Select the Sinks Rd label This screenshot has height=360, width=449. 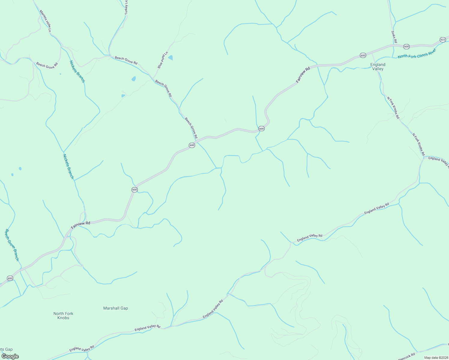[394, 37]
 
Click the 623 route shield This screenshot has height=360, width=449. [443, 40]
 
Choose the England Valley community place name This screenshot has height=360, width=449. [378, 67]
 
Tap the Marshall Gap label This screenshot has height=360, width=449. [116, 308]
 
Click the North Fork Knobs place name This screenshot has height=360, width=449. [63, 316]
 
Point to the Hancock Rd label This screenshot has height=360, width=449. [406, 357]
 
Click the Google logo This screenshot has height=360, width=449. [10, 356]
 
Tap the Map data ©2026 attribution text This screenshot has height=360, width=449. [436, 358]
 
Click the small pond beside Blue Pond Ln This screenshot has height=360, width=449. [170, 57]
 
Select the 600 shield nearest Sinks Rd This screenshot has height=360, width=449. [406, 46]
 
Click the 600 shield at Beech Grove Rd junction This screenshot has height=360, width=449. [192, 145]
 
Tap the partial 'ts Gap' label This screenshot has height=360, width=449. [6, 349]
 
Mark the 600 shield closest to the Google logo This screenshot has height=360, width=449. [10, 278]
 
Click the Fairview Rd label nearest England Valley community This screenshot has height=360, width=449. [303, 75]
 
